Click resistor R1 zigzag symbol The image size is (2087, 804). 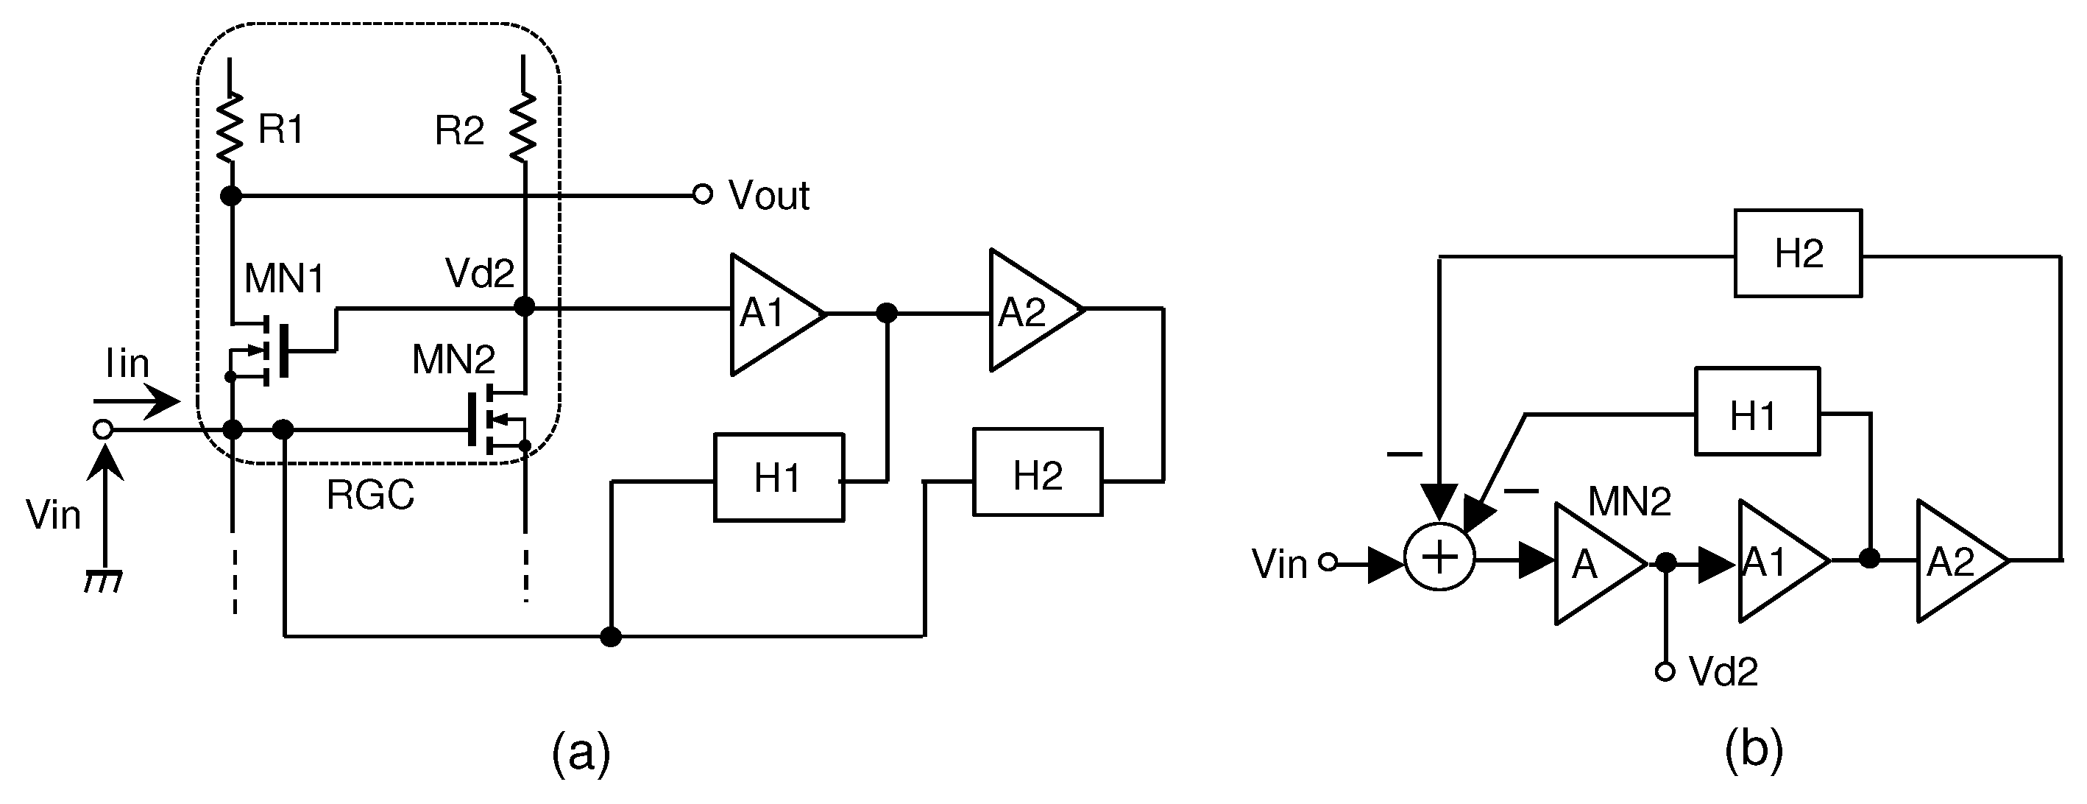[x=231, y=127]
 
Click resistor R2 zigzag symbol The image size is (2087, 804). [x=523, y=127]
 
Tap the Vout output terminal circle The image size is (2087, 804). [x=703, y=194]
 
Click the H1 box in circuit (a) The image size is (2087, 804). [x=779, y=477]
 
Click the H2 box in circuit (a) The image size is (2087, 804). [x=1037, y=473]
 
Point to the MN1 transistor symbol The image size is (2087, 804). [x=272, y=350]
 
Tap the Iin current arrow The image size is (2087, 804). [x=136, y=401]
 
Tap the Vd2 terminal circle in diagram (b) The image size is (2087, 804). [x=1665, y=671]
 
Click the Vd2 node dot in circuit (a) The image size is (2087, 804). [x=525, y=306]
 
